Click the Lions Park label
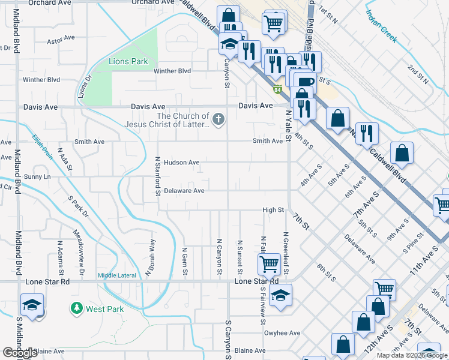[128, 61]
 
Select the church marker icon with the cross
[218, 119]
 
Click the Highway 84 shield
[277, 91]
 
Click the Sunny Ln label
[37, 177]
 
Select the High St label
[273, 210]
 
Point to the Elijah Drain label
[43, 146]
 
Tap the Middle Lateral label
[116, 275]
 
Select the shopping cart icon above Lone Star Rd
[269, 263]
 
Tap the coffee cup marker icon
[304, 81]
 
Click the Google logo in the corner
[20, 353]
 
